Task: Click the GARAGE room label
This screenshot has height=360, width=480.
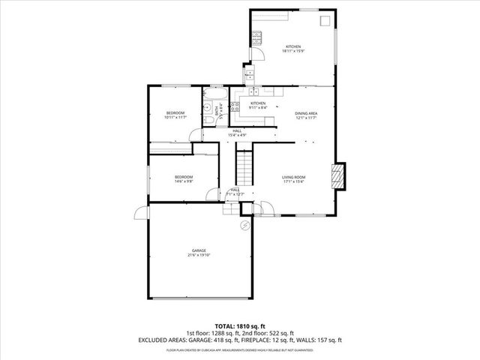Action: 198,253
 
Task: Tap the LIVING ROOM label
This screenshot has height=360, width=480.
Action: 293,178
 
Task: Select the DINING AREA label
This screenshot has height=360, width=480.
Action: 305,115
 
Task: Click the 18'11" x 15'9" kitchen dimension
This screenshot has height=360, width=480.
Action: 292,51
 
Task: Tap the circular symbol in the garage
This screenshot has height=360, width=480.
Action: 244,224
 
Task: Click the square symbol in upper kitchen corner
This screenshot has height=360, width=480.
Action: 325,21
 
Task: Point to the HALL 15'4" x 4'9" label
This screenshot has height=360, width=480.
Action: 237,133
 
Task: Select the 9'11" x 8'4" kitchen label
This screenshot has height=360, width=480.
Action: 258,106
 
